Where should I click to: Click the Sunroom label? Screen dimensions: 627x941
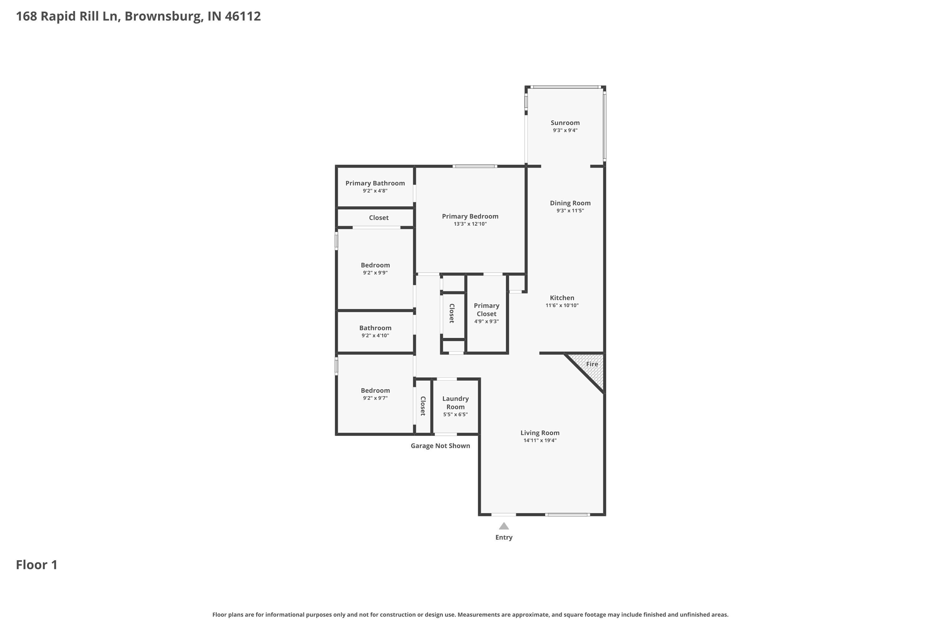[565, 123]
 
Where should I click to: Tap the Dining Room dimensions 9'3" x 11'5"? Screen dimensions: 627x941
[570, 211]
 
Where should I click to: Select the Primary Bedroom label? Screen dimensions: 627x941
[470, 216]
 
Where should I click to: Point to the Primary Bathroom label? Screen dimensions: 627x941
[375, 183]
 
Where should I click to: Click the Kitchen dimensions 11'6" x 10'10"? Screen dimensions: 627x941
[562, 305]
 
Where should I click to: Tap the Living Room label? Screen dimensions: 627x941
[540, 433]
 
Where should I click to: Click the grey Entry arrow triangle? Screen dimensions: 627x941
[504, 526]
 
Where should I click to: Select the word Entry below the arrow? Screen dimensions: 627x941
[504, 537]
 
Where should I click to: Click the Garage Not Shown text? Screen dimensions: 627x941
[440, 446]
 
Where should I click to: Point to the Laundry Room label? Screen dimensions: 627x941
[455, 403]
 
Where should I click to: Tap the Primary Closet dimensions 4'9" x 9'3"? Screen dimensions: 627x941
[486, 322]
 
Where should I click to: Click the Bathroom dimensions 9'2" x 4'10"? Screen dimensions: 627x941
[375, 335]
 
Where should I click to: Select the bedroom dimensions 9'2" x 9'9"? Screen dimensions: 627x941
[375, 273]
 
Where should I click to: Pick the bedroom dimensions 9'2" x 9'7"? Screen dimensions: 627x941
[375, 398]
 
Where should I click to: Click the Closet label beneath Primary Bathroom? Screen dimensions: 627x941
[379, 218]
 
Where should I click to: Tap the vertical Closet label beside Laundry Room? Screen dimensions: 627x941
[423, 406]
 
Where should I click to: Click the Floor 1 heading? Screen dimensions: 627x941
[37, 565]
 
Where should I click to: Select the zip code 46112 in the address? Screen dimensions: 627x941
[242, 16]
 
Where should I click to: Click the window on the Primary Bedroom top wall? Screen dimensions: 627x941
[475, 166]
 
